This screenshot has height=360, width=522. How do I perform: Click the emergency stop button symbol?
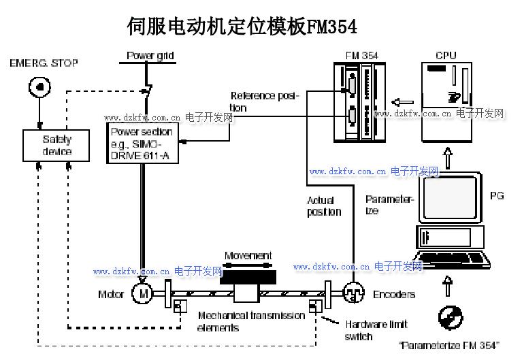[39, 87]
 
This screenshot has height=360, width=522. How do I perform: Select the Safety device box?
[56, 145]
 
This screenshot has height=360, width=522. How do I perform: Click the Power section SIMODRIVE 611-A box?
[142, 143]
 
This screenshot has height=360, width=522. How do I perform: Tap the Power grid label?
[150, 56]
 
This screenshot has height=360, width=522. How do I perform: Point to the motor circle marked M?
[143, 293]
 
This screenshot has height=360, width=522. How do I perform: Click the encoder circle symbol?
[353, 293]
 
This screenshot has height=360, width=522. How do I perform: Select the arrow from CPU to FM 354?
[404, 99]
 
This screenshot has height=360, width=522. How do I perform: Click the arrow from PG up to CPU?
[447, 159]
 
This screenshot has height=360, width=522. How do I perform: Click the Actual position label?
[323, 206]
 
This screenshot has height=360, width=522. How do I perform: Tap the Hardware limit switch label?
[376, 330]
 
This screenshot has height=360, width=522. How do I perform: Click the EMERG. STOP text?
[44, 63]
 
